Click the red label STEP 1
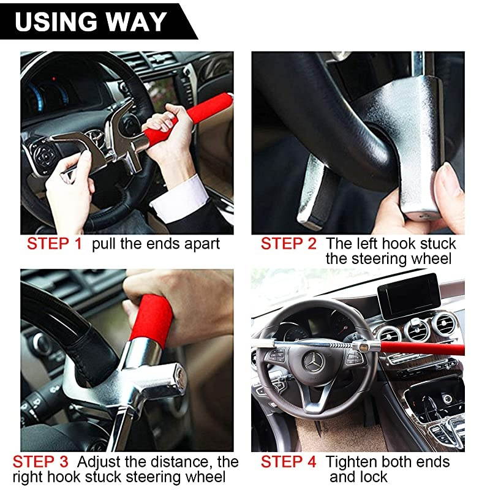tap(54, 244)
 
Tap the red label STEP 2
tap(288, 244)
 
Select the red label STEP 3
tap(39, 461)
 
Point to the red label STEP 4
tap(288, 461)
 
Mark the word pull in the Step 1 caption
tap(104, 244)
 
